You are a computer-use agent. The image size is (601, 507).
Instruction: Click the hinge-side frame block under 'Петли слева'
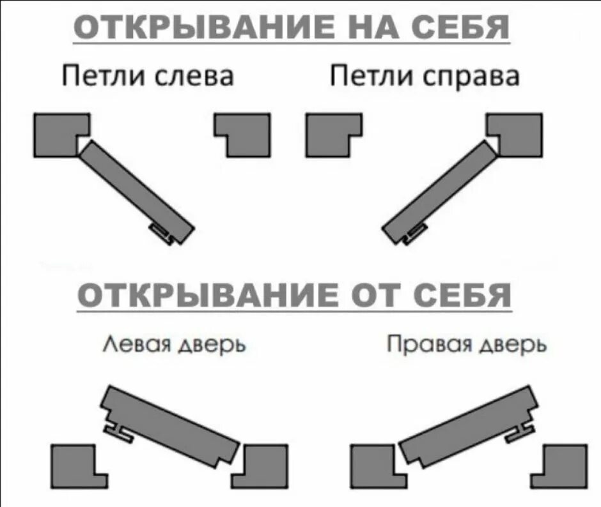58,134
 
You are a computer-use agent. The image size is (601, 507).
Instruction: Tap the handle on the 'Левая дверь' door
118,432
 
